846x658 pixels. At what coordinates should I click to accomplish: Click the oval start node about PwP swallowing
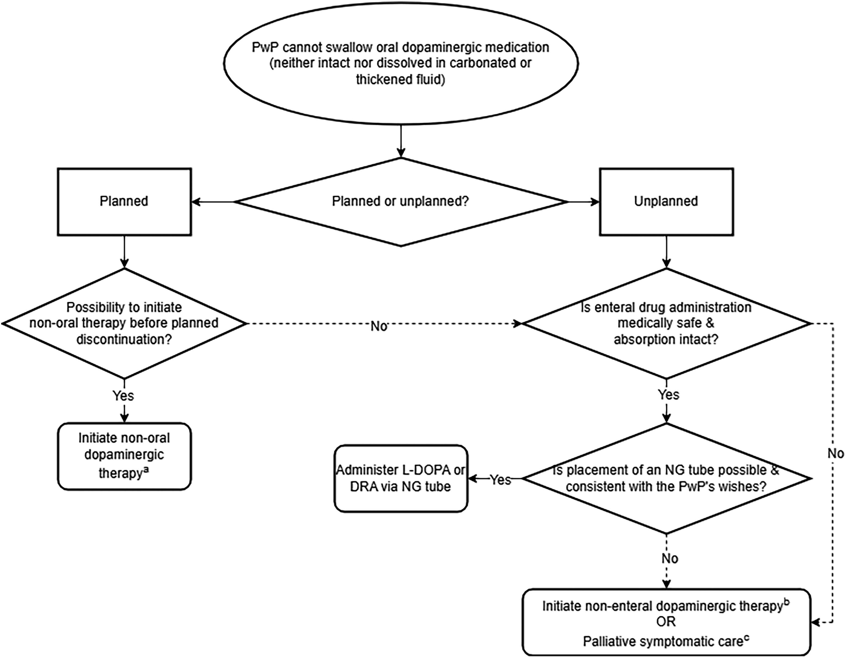point(401,64)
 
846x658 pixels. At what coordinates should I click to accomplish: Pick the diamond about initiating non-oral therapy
point(124,323)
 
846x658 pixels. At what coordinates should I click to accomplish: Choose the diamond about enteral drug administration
point(666,323)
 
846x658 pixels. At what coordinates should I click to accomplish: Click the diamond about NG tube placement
point(666,479)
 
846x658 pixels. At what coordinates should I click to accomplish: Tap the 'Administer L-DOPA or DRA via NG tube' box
point(401,479)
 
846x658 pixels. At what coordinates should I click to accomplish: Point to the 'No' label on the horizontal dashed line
point(379,326)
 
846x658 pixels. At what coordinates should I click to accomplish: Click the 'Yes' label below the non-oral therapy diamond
point(123,396)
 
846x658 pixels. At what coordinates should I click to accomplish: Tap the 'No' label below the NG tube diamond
point(670,559)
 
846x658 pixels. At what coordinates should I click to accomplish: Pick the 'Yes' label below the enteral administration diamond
point(669,395)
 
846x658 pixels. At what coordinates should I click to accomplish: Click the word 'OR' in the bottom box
point(666,622)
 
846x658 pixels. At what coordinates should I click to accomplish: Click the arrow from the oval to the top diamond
point(401,141)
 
